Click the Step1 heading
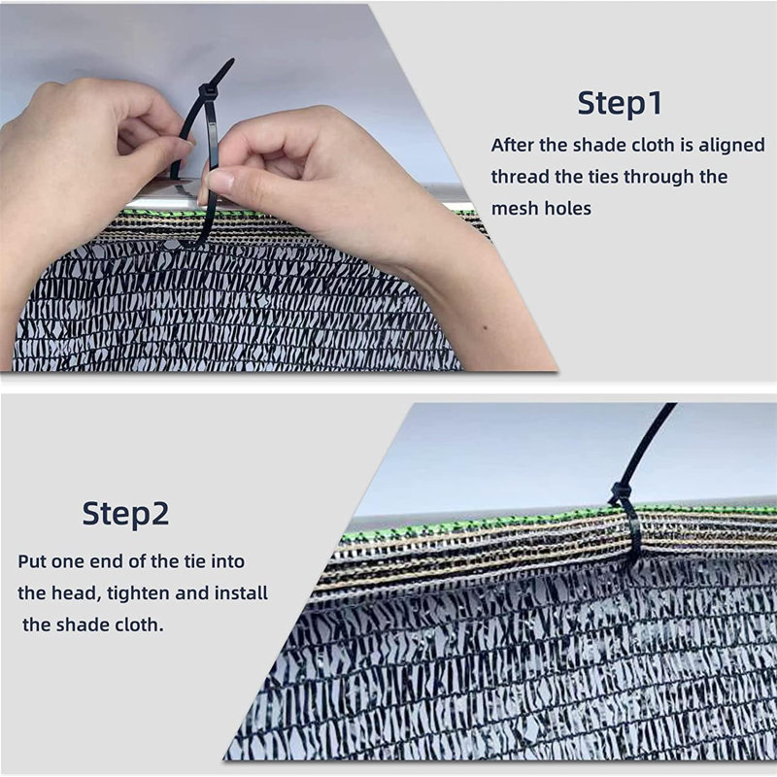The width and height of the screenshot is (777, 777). point(620,104)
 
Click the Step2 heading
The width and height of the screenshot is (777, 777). point(126,514)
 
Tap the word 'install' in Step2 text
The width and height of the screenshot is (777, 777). point(241,592)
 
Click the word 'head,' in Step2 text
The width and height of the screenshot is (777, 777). point(75,593)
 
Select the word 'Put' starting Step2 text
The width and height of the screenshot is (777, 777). point(32,561)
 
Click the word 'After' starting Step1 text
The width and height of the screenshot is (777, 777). point(513,145)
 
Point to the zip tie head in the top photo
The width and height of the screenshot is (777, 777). point(207,90)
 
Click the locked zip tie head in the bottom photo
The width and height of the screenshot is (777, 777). point(620,493)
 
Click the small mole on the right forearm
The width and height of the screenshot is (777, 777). point(485,327)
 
